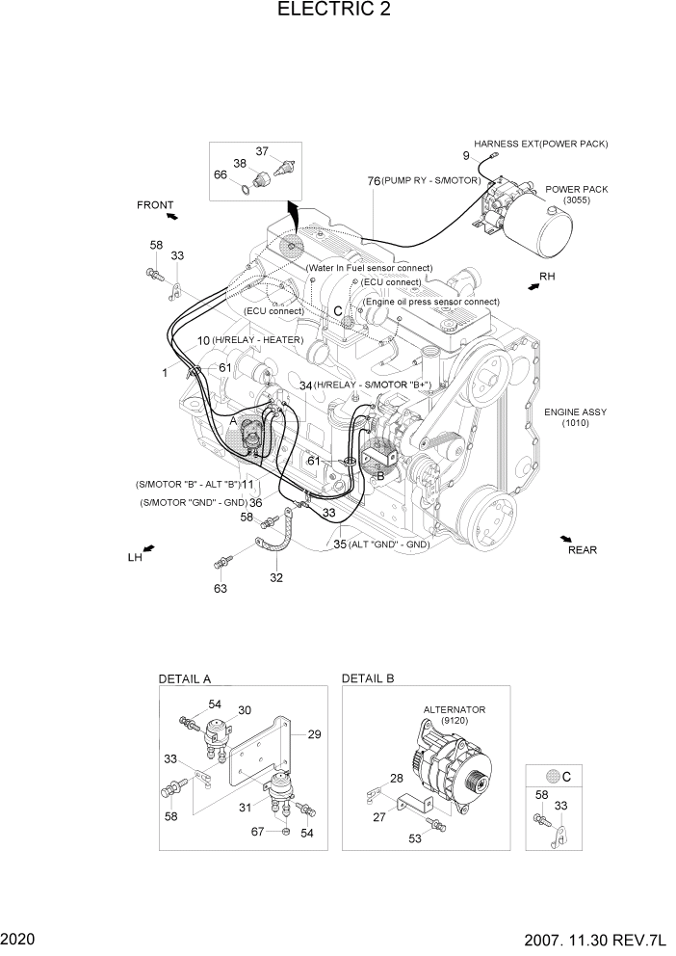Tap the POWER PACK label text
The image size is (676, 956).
pyautogui.click(x=577, y=190)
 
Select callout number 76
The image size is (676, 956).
pyautogui.click(x=373, y=180)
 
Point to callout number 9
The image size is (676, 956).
pyautogui.click(x=466, y=156)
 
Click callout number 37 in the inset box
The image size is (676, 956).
pyautogui.click(x=262, y=150)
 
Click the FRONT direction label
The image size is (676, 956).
pyautogui.click(x=155, y=205)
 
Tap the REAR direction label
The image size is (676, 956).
pyautogui.click(x=582, y=550)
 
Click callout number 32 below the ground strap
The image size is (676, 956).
pyautogui.click(x=276, y=578)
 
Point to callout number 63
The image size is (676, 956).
pyautogui.click(x=221, y=589)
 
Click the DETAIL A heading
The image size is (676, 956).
pyautogui.click(x=185, y=678)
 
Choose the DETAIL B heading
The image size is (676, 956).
pyautogui.click(x=368, y=678)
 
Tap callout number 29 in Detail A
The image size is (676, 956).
pyautogui.click(x=313, y=734)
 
